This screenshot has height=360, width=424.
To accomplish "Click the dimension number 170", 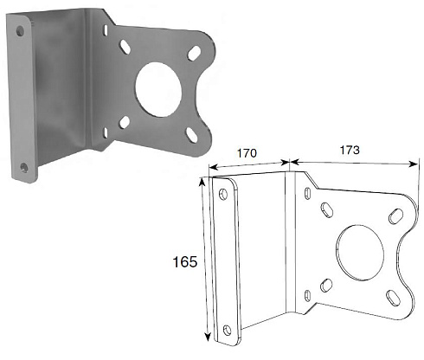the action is [247, 153].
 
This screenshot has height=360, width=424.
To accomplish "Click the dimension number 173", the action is [350, 150].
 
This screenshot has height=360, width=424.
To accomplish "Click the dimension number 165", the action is [185, 262].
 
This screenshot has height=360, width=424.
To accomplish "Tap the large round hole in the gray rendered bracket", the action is [158, 90].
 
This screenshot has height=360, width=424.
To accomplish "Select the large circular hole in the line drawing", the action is [360, 253].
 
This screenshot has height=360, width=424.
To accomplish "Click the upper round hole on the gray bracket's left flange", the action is [20, 31].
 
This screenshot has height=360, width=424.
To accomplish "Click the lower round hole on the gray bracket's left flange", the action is [24, 167].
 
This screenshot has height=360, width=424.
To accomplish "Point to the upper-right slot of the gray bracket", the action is [194, 54].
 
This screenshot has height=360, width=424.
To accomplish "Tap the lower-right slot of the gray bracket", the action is [192, 135].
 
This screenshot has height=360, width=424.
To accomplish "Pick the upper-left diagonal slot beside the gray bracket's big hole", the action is [125, 47].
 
